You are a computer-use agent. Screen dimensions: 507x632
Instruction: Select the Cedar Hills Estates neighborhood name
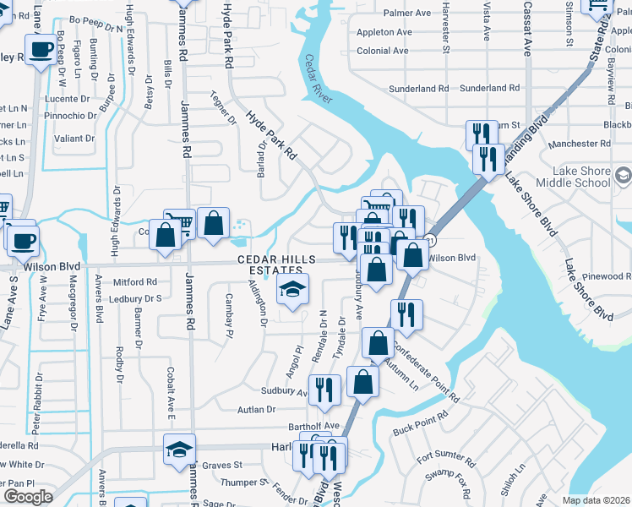click(x=276, y=264)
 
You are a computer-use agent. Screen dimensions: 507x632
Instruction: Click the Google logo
click(x=28, y=497)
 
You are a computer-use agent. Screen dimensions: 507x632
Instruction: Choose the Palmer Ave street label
click(x=406, y=14)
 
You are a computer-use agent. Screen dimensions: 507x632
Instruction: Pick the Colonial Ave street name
click(x=384, y=51)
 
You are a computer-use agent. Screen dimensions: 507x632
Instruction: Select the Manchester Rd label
click(x=579, y=144)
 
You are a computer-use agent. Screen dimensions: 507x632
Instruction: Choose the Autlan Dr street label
click(x=257, y=410)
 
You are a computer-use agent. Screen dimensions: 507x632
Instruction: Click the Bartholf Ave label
click(x=313, y=426)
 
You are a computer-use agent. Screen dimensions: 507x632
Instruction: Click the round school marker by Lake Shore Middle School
click(x=624, y=177)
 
